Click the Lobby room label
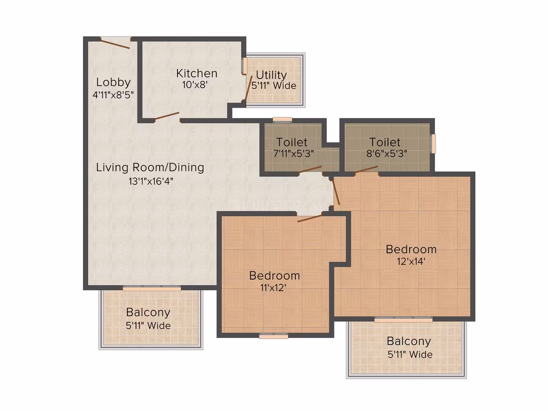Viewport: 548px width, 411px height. pos(113,82)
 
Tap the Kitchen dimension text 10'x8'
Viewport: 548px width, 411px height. pos(195,85)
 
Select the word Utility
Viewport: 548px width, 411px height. pos(271,75)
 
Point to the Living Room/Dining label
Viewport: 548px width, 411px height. pos(150,167)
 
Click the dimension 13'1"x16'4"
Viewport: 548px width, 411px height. pos(151,181)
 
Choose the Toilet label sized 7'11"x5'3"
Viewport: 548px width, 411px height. pos(291,142)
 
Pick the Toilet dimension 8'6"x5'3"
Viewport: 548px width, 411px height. pos(386,154)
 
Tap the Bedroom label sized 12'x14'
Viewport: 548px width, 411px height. pos(411,249)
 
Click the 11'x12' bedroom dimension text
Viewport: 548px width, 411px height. pos(274,288)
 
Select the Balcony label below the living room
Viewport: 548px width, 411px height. pos(148,312)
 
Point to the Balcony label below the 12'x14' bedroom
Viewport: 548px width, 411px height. pos(409,341)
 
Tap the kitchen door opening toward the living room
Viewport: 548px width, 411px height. pos(167,116)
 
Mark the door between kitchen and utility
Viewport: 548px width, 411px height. pos(248,88)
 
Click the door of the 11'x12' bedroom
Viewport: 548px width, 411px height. pos(309,218)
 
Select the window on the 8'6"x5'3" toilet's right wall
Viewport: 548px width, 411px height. pos(433,144)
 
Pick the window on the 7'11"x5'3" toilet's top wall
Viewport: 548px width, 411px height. pos(283,120)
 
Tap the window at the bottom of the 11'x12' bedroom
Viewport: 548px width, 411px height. pos(274,336)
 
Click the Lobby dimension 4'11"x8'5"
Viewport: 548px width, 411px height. pos(113,95)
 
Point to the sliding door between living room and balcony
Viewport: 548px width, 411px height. pos(152,288)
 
